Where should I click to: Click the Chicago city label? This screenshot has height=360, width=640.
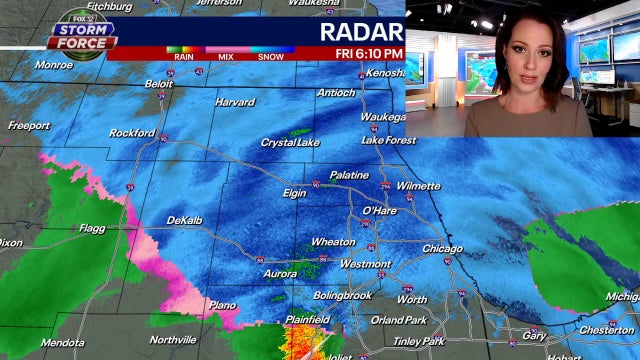442,249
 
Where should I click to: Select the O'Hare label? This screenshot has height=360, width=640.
379,211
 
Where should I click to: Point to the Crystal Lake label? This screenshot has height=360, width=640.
290,143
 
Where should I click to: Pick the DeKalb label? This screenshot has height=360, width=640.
184,220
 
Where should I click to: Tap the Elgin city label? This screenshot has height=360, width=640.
295,192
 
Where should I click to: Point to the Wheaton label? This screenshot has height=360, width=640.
333,242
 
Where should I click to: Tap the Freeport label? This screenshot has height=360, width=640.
29,126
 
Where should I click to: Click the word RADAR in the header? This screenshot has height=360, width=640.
360,31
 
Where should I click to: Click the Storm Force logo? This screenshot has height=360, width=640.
82,37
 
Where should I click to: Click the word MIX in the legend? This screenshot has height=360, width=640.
227,56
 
